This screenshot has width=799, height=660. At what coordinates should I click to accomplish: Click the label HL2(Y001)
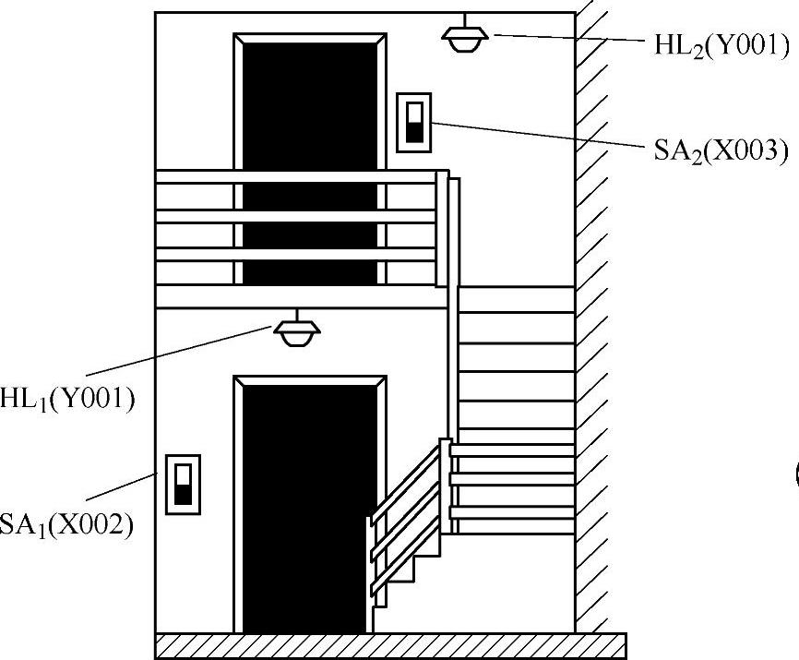[721, 46]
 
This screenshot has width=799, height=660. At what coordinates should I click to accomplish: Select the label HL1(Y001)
[69, 399]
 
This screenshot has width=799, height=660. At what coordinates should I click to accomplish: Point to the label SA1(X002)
[67, 526]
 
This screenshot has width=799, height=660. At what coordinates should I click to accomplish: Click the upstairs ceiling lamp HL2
[465, 38]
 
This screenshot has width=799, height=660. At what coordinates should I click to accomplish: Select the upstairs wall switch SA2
[413, 122]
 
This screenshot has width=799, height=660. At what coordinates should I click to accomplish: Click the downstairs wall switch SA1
[182, 485]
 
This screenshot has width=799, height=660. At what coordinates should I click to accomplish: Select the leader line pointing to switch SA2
[535, 135]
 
